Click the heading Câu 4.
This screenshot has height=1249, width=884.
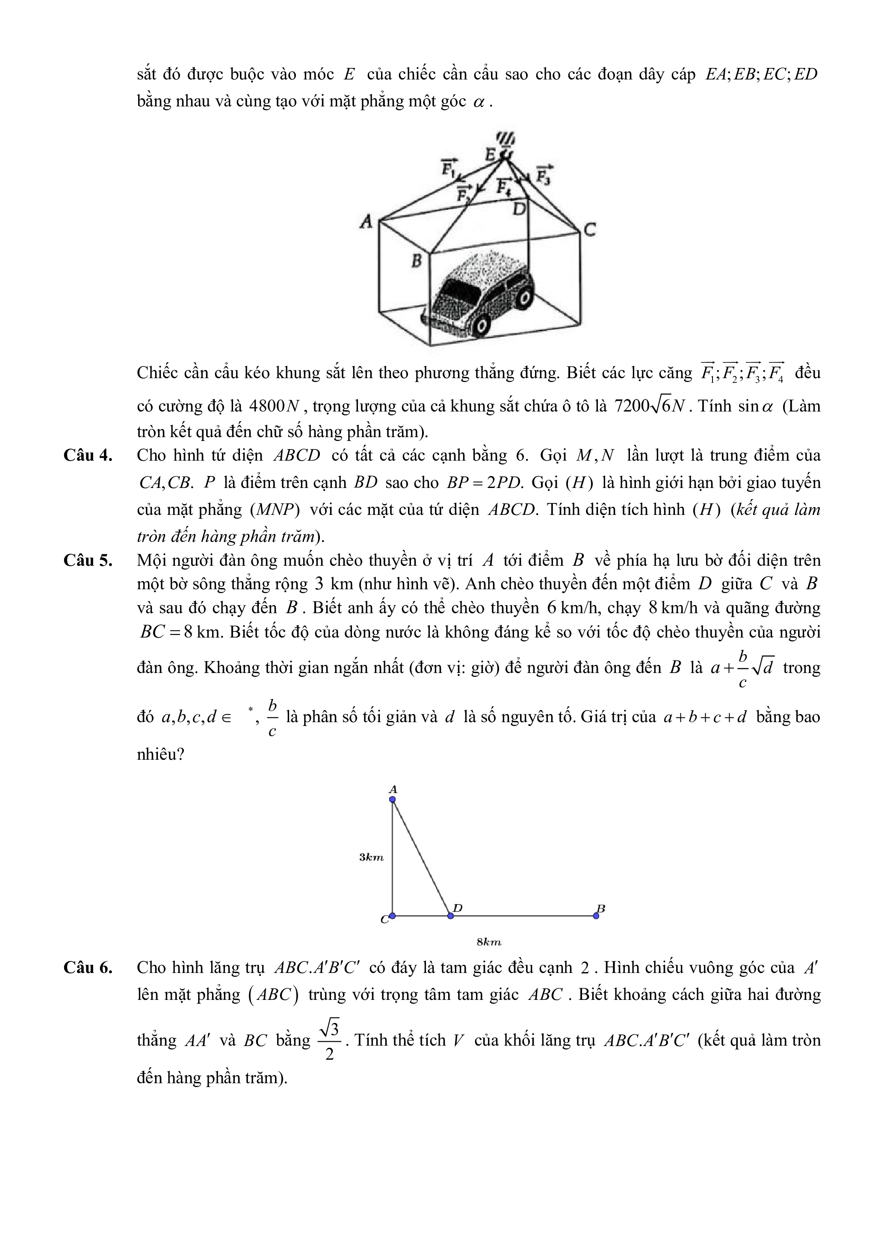[x=88, y=456]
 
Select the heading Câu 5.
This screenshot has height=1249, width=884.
[x=88, y=560]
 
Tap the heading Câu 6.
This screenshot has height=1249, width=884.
[x=88, y=967]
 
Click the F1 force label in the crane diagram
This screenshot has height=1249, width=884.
[x=449, y=168]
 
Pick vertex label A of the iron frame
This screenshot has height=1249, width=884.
[x=367, y=221]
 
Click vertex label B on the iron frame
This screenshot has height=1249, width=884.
[x=417, y=261]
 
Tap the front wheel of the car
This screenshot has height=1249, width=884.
[x=481, y=325]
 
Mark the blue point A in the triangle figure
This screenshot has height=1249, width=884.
[x=393, y=799]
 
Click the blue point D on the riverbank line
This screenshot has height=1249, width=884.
[x=450, y=916]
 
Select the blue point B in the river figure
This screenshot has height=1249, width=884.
[x=596, y=916]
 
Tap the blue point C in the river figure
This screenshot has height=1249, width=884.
[x=393, y=916]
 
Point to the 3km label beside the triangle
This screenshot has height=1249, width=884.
[x=371, y=857]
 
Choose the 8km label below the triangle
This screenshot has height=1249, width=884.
[x=488, y=942]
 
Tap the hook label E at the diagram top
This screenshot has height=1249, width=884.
[x=490, y=155]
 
